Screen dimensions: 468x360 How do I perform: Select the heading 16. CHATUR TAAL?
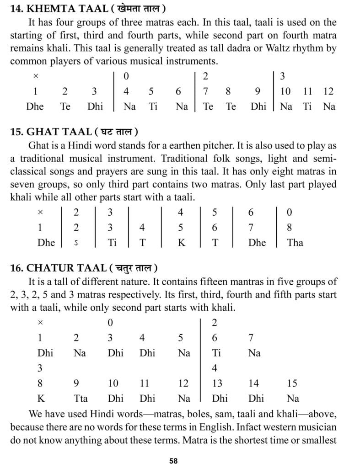pos(84,268)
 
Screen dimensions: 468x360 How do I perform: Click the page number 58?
pos(173,461)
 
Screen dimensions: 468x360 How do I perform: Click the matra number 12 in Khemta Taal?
pos(328,91)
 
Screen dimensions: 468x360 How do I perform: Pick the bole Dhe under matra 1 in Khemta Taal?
pos(35,106)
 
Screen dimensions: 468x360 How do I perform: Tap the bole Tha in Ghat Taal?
pos(295,243)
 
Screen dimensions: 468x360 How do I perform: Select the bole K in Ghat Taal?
pos(181,243)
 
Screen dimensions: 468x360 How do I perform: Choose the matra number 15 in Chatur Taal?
pos(292,383)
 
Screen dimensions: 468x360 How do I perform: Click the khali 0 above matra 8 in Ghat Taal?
pos(289,213)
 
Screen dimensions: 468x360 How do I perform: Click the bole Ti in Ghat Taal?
pos(112,243)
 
